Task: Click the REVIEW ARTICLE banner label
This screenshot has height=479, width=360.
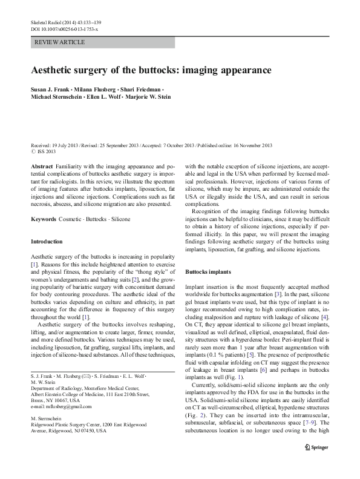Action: click(61, 42)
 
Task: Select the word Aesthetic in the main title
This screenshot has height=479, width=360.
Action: click(53, 70)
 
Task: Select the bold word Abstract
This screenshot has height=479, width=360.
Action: click(42, 165)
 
